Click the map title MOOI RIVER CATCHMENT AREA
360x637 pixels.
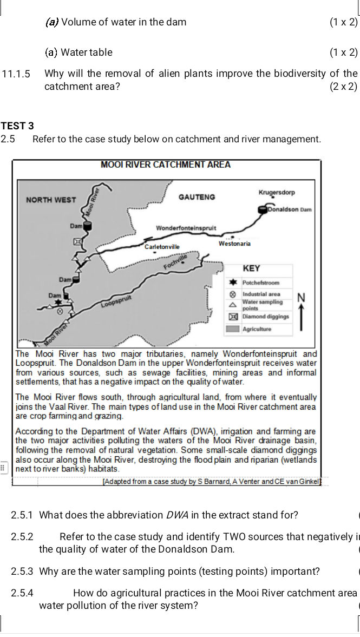(166, 165)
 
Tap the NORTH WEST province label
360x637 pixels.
(51, 200)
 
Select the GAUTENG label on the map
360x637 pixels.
(197, 197)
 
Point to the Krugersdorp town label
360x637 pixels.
(277, 193)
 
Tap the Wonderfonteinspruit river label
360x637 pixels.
(186, 228)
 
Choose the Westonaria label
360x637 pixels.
(234, 244)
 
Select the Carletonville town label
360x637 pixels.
(162, 247)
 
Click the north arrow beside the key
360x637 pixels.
(301, 314)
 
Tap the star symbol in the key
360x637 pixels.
(234, 283)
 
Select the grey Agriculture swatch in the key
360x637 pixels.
(233, 329)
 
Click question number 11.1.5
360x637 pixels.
(16, 74)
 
